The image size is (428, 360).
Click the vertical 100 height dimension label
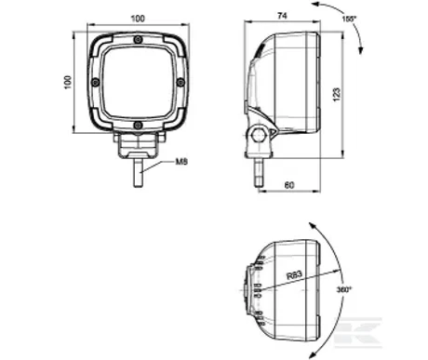click(67, 83)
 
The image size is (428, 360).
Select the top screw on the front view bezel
click(138, 39)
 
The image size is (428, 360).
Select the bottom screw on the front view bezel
click(138, 127)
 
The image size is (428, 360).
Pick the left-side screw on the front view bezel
click(93, 83)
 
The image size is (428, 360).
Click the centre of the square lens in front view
click(138, 83)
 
